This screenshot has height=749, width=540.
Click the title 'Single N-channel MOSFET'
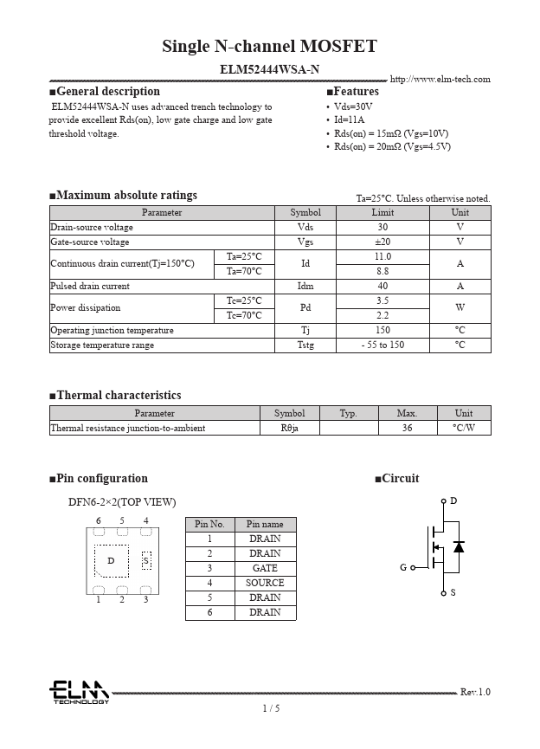click(x=269, y=47)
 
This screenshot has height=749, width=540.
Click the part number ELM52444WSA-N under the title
click(x=269, y=68)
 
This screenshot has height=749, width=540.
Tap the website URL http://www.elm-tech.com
click(x=440, y=80)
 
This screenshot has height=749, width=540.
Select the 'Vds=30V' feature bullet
click(x=353, y=107)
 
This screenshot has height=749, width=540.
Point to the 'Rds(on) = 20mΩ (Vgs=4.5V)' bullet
click(x=393, y=146)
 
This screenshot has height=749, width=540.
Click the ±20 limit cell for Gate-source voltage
click(x=382, y=242)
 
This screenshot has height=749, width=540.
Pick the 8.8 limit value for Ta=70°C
click(x=382, y=272)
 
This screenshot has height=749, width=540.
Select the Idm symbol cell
click(x=305, y=287)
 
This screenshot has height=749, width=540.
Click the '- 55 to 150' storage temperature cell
click(x=382, y=345)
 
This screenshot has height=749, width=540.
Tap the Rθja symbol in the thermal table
click(x=289, y=429)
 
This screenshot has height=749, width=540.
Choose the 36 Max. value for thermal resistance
click(x=407, y=429)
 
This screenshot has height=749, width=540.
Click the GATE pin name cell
click(x=265, y=568)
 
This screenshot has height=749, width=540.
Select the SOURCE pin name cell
click(x=265, y=583)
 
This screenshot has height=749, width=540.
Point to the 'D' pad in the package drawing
click(x=111, y=561)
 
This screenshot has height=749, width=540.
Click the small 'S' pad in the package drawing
click(x=146, y=561)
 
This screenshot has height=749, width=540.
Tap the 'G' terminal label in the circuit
click(x=403, y=568)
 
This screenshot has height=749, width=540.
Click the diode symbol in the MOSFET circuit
click(x=459, y=546)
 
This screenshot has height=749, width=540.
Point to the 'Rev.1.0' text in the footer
click(x=475, y=692)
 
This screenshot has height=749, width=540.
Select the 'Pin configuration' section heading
click(x=102, y=479)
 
